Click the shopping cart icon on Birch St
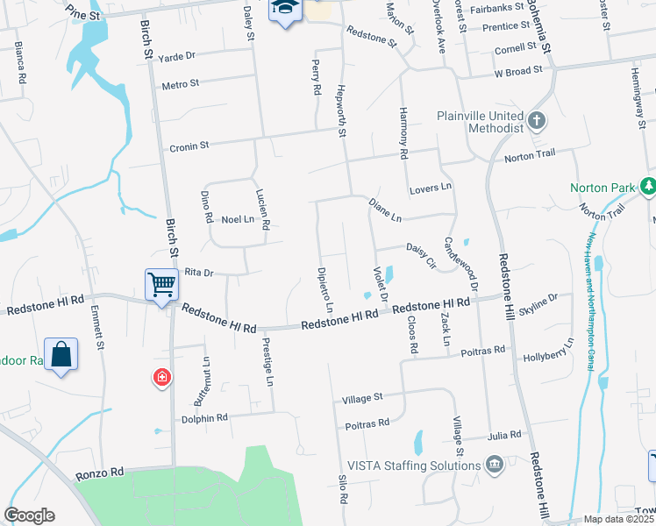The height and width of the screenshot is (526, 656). coord(161,283)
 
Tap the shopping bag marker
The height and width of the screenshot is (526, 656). coord(61,354)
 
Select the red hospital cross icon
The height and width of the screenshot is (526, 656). coord(161,379)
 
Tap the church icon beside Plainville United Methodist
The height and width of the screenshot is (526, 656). coord(536,119)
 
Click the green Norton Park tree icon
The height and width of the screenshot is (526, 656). coord(648,186)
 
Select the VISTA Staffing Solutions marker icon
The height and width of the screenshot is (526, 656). coord(495,464)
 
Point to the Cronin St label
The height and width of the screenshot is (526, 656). coord(189,146)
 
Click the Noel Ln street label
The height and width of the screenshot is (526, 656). coord(237,219)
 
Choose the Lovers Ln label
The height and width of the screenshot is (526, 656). coord(430,188)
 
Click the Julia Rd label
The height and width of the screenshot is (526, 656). coord(506,434)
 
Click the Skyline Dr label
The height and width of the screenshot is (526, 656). coord(538,303)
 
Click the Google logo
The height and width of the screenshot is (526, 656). coord(29,515)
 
